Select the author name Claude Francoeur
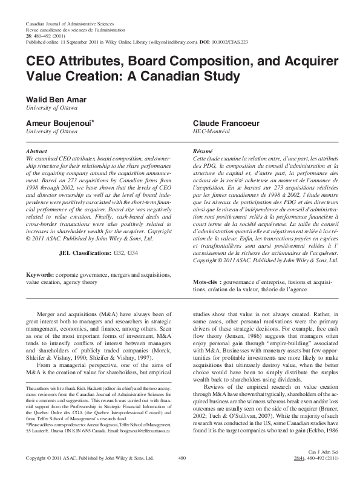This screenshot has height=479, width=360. (229, 122)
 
